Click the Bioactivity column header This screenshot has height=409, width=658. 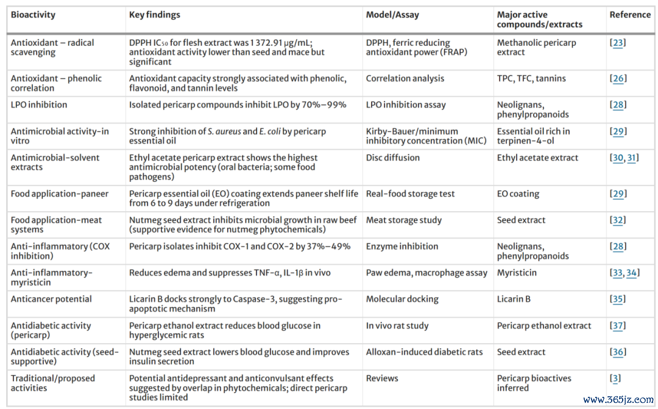33,15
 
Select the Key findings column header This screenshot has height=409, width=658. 154,15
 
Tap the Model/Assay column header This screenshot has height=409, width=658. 392,15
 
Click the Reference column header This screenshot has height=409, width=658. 630,15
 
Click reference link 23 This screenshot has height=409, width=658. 618,43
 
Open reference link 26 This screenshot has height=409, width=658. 618,79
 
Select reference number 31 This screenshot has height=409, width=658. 632,158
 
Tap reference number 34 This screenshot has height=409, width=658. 632,273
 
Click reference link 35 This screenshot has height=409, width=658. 618,299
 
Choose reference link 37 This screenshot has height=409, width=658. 618,326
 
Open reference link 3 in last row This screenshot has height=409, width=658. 615,379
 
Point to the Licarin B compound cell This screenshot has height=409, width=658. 514,299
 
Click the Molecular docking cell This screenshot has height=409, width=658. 402,299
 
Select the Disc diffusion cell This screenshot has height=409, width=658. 393,158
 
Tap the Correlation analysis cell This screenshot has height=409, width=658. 405,79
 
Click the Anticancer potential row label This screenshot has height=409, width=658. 51,299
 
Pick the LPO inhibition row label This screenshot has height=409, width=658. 39,105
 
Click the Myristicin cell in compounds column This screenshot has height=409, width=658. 517,273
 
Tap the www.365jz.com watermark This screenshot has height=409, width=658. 618,399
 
